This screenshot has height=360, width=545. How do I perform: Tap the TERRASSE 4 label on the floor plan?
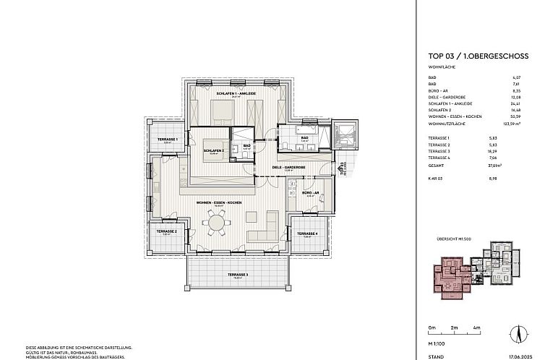click(307, 233)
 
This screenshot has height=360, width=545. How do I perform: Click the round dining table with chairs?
click(217, 223)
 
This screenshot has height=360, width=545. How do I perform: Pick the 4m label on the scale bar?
click(477, 327)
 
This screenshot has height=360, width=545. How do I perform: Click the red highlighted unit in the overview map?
click(448, 275)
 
